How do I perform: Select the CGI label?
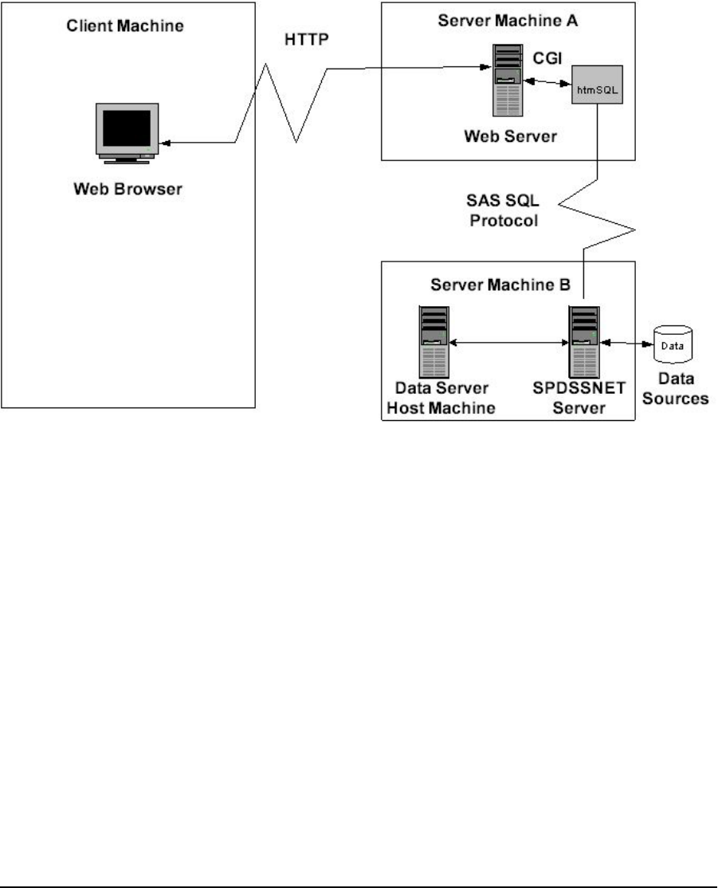(x=548, y=58)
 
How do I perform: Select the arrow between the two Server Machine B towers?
(x=507, y=343)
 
